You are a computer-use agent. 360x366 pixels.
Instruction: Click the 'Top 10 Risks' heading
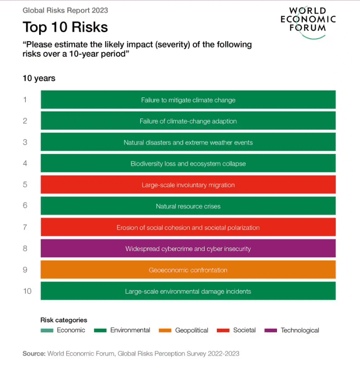tap(65, 27)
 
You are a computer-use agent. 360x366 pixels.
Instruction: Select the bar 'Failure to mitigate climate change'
tap(188, 100)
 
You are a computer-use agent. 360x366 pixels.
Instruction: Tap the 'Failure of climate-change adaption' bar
tap(188, 121)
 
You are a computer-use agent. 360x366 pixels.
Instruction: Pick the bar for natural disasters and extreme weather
tap(188, 142)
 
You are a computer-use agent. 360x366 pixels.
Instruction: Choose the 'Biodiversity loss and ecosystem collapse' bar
tap(188, 163)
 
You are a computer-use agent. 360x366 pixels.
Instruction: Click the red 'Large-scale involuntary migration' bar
tap(188, 185)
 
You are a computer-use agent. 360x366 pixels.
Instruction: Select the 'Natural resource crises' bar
tap(188, 206)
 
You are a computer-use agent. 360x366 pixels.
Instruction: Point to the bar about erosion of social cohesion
tap(188, 227)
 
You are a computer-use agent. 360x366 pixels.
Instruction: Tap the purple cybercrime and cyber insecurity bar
tap(188, 248)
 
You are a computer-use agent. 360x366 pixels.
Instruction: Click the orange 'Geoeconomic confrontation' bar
tap(188, 270)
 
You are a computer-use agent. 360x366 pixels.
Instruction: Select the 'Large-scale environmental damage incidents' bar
tap(188, 291)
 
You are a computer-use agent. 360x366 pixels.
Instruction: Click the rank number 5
tap(25, 185)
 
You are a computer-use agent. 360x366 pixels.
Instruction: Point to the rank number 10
tap(27, 291)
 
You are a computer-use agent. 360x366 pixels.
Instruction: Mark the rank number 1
tap(25, 100)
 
